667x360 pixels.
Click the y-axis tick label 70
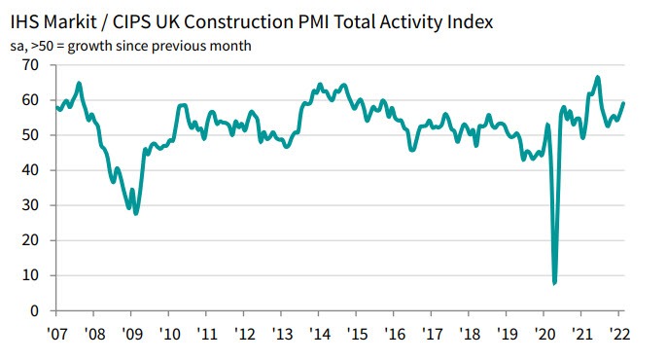[31, 64]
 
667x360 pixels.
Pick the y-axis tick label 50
[31, 134]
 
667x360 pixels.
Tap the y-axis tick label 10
[31, 275]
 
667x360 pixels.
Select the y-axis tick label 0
[35, 310]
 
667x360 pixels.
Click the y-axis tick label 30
[31, 205]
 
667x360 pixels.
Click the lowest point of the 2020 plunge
[554, 282]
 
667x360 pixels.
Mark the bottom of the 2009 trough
[136, 213]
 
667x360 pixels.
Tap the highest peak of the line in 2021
[597, 77]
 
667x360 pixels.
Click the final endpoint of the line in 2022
[623, 103]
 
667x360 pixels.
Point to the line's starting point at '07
[56, 107]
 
